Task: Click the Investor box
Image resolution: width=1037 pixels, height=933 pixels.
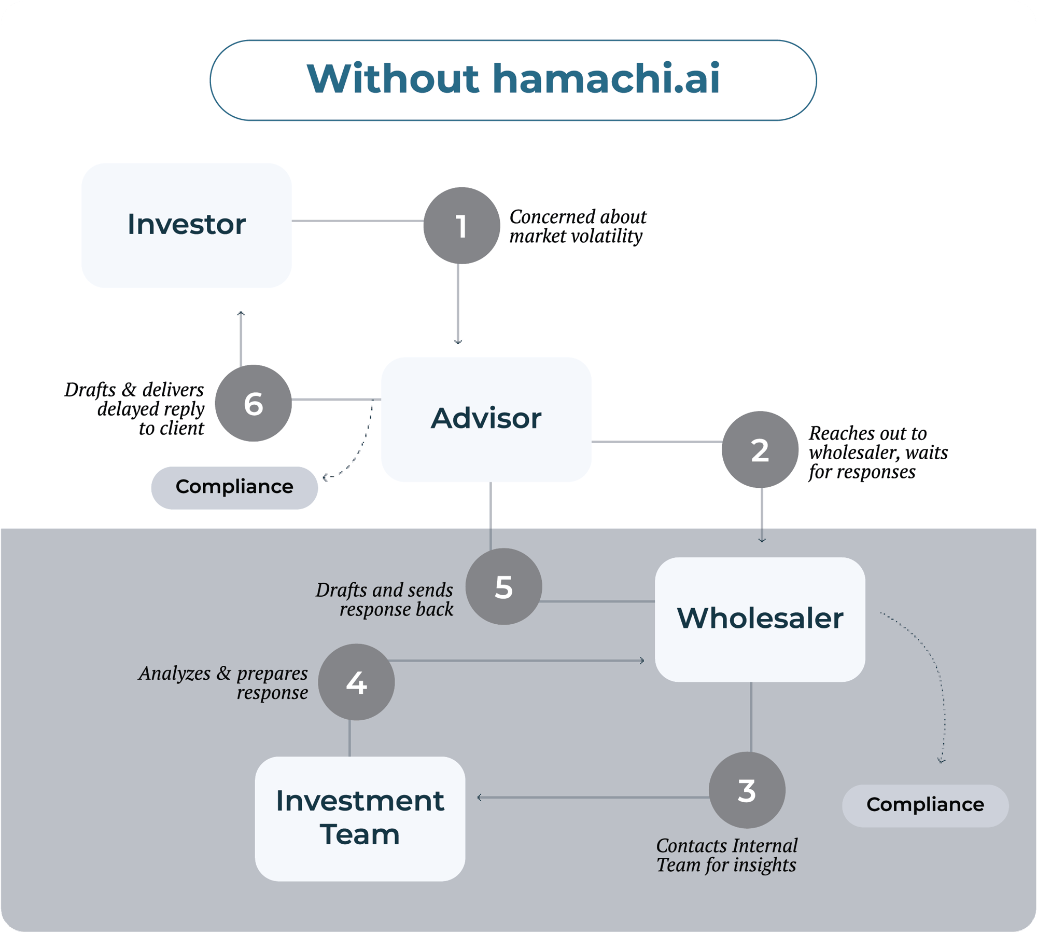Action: (x=187, y=225)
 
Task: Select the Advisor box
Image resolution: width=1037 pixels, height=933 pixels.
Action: (x=486, y=419)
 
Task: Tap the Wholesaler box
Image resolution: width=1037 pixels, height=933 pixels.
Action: (x=760, y=619)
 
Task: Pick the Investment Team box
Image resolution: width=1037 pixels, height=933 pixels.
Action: (x=360, y=818)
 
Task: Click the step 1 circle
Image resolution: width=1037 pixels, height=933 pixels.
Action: (x=461, y=226)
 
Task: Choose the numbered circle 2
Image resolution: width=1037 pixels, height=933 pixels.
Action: (x=760, y=449)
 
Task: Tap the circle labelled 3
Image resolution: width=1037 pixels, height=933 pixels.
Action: (x=747, y=790)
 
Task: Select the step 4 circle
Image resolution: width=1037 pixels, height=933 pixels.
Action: (x=356, y=682)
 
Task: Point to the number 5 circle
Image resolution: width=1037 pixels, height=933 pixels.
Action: (x=503, y=586)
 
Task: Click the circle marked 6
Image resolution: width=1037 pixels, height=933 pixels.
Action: (x=253, y=403)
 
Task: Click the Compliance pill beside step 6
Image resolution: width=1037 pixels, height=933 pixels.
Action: (x=234, y=487)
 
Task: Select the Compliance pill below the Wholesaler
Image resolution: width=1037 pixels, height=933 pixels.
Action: (x=925, y=805)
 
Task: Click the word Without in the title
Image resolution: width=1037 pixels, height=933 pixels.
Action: (x=393, y=79)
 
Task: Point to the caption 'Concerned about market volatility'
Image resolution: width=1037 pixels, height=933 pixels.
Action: (x=577, y=226)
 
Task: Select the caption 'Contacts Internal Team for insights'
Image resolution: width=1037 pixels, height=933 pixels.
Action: (x=726, y=855)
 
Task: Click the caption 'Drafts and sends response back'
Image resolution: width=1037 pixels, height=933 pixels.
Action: (x=385, y=599)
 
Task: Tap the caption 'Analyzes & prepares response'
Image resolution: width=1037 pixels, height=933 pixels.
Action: (x=223, y=682)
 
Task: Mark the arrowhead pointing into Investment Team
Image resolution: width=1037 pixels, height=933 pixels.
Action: (x=480, y=797)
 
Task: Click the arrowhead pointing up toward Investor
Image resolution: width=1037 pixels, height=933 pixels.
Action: (x=241, y=313)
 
